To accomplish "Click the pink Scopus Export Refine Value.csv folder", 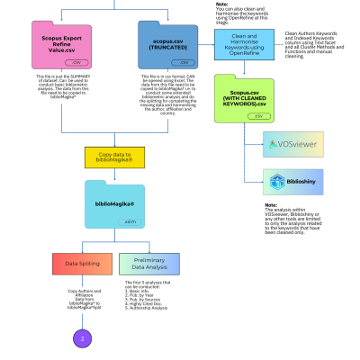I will click(62, 46).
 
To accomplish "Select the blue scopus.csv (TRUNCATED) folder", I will click(167, 46).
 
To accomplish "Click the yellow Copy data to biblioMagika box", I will click(114, 157).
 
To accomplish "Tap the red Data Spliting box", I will click(82, 264).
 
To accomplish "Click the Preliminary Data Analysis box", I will click(148, 264).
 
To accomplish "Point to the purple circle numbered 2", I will click(82, 338).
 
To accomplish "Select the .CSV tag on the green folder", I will click(259, 116).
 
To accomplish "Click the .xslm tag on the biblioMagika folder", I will click(130, 220).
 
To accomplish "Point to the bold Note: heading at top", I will click(222, 4).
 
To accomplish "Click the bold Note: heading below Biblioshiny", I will click(271, 204).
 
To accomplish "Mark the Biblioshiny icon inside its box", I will click(277, 181).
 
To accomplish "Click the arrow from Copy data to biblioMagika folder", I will click(114, 174).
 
